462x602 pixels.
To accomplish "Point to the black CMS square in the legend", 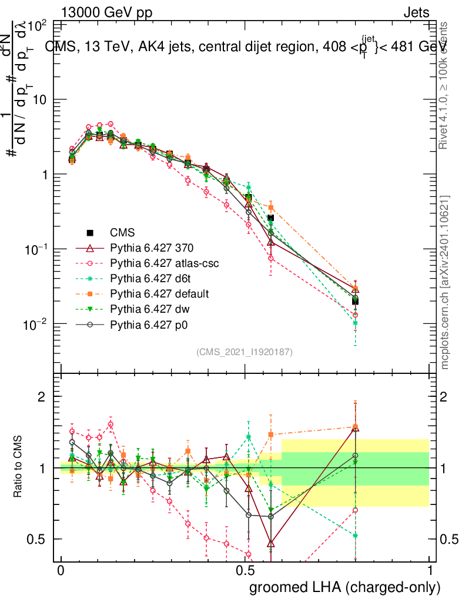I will tap(89, 233).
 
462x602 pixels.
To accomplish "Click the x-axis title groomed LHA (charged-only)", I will tap(345, 587).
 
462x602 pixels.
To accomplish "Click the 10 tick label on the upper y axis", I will tap(38, 100).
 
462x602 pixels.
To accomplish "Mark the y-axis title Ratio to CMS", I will tap(19, 467).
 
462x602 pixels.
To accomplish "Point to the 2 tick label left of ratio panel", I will tap(42, 397).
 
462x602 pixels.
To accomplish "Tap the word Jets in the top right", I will tap(416, 13).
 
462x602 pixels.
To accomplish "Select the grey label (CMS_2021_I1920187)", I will tap(245, 352).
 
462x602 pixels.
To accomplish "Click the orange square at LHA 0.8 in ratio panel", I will tap(355, 427).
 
